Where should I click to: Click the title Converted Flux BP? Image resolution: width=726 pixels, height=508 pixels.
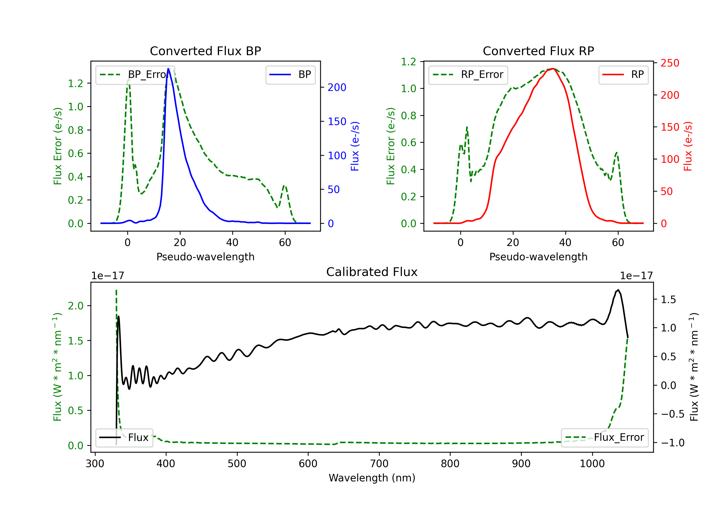205,51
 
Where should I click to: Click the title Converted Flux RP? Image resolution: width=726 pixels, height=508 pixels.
538,51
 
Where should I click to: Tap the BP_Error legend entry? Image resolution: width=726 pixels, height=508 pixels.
135,75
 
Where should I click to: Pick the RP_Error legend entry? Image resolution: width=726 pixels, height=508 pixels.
468,75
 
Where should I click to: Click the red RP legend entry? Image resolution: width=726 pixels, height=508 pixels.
623,75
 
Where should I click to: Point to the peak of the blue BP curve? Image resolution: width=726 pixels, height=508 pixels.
168,69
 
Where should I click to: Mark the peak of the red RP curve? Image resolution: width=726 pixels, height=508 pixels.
552,69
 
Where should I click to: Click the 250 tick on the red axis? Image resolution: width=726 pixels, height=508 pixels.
670,63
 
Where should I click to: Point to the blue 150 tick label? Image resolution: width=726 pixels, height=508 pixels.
337,121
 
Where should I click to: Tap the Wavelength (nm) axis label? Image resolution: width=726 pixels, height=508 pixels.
372,478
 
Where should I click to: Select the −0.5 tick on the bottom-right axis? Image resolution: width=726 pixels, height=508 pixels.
672,414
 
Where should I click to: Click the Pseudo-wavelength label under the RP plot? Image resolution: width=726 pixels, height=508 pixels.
538,257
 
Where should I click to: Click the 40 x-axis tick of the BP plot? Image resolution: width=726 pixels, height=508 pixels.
232,242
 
